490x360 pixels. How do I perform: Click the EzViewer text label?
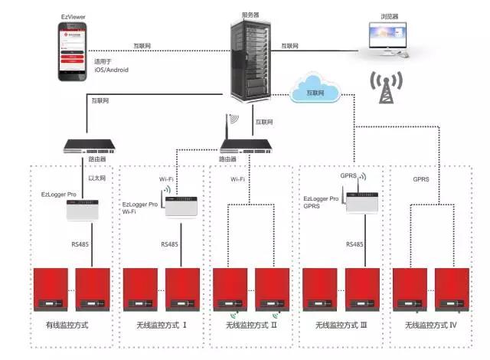[x=73, y=15]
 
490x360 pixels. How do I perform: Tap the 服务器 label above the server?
[x=250, y=14]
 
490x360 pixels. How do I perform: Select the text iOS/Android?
[x=111, y=70]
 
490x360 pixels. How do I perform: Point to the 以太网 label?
[x=96, y=177]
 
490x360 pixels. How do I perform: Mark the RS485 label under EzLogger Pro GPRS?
[x=354, y=244]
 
